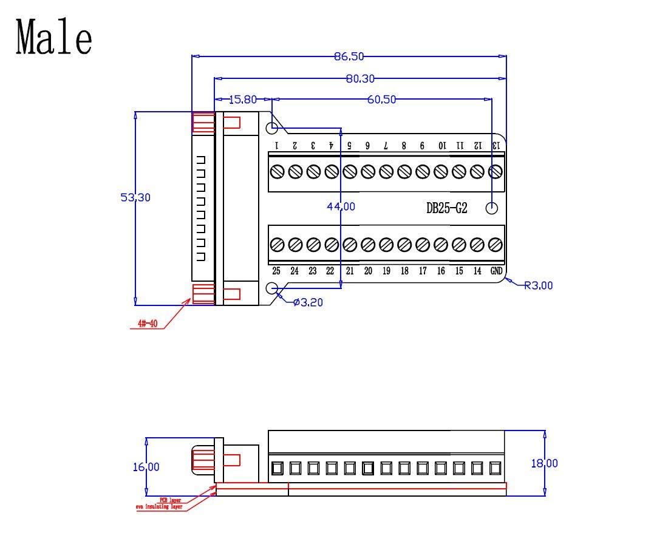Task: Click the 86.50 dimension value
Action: coord(349,56)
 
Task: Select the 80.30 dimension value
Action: coord(360,78)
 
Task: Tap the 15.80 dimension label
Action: coord(242,99)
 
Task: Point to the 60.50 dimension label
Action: coord(381,99)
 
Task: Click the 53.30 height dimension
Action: coord(135,197)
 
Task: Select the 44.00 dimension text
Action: coord(341,206)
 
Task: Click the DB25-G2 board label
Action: coord(447,208)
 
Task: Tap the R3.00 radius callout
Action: coord(539,285)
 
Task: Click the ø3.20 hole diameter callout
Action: coord(308,302)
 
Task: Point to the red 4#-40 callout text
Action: coord(147,324)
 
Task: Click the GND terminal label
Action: coord(496,271)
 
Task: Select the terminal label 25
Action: coord(276,271)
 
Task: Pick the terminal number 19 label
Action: coord(386,271)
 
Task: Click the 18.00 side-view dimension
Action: coord(544,463)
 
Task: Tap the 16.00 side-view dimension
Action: coord(146,466)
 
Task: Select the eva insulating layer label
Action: coord(159,506)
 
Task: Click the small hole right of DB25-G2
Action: coord(492,208)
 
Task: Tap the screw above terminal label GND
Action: coord(495,245)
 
